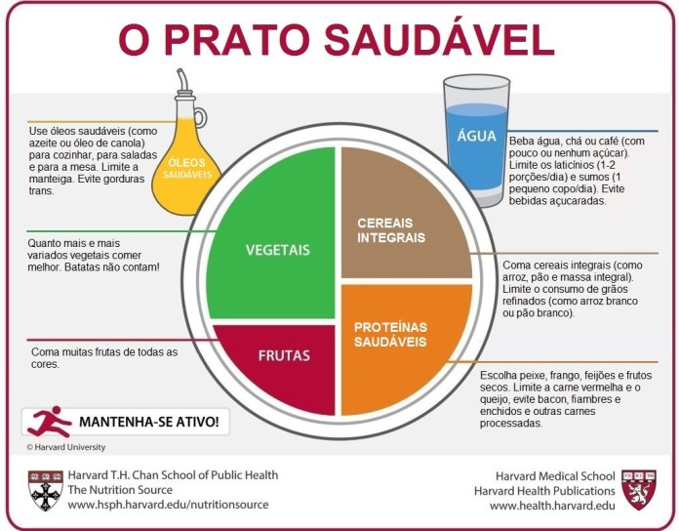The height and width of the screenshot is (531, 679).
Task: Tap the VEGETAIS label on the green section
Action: coord(278,250)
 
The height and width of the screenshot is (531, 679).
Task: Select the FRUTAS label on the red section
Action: coord(284,355)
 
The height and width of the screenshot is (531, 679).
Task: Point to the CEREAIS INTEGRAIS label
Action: coord(391,230)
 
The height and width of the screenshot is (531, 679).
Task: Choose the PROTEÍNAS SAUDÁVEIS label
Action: coord(390,335)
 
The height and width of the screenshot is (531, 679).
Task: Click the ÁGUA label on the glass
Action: coord(476,136)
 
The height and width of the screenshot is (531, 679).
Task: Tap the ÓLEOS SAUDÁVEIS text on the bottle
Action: coord(187,169)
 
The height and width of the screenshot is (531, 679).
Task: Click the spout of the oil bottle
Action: coord(183,80)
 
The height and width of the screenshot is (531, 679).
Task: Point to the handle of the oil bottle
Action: coord(201,117)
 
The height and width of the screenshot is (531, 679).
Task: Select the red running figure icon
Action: coord(49,422)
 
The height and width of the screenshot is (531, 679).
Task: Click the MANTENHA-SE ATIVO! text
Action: coord(148,422)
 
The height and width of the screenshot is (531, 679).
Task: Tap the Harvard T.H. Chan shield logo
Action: coord(46,491)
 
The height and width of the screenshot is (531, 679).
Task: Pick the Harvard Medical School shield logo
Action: coord(639,490)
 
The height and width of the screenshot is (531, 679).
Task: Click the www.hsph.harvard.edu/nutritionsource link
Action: coord(168,505)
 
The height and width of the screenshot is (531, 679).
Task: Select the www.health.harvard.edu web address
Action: coord(552,506)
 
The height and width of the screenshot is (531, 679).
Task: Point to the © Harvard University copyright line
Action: coord(65,447)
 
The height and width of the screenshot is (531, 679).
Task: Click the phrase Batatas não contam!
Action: coord(112,267)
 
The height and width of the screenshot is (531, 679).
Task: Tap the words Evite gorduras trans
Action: coord(87,184)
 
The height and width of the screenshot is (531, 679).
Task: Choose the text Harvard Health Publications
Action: coord(544,491)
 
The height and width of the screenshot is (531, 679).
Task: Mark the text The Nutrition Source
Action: coord(120,490)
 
